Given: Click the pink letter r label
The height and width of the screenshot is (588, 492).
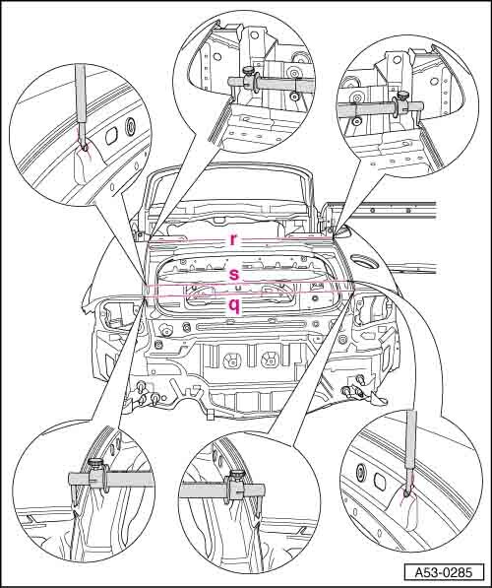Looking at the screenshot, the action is pyautogui.click(x=233, y=239).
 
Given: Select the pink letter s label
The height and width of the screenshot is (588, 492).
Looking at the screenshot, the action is pyautogui.click(x=234, y=274).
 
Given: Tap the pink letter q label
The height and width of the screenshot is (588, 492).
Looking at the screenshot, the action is pyautogui.click(x=234, y=306).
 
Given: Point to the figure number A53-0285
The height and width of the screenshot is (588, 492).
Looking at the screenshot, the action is pyautogui.click(x=444, y=572).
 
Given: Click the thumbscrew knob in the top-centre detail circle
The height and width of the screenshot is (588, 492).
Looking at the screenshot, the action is pyautogui.click(x=248, y=70).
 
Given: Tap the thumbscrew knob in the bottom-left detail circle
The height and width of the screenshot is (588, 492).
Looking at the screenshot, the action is pyautogui.click(x=95, y=465).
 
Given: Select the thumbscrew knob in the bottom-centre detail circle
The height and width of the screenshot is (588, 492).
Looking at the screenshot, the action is pyautogui.click(x=236, y=475).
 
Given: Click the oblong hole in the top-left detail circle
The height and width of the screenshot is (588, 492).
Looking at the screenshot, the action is pyautogui.click(x=111, y=136).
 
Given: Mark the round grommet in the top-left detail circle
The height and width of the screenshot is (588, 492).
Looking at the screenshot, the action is pyautogui.click(x=131, y=125).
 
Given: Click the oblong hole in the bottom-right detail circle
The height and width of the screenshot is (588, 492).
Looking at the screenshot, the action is pyautogui.click(x=379, y=481).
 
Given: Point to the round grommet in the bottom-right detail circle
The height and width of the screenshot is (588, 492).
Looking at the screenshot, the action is pyautogui.click(x=362, y=471).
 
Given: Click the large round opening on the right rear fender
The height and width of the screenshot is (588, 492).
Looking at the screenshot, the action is pyautogui.click(x=365, y=261).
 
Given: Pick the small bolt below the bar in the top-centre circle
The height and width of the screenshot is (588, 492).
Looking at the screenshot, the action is pyautogui.click(x=295, y=97).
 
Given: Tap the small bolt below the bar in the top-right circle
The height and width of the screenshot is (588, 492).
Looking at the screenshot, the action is pyautogui.click(x=357, y=120).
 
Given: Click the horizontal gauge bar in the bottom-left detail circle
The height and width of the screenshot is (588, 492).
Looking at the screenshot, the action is pyautogui.click(x=111, y=480).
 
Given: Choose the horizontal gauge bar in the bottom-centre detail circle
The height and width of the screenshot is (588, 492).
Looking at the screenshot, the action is pyautogui.click(x=221, y=490).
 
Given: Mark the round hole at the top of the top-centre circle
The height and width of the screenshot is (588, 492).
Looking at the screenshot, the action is pyautogui.click(x=255, y=35).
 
